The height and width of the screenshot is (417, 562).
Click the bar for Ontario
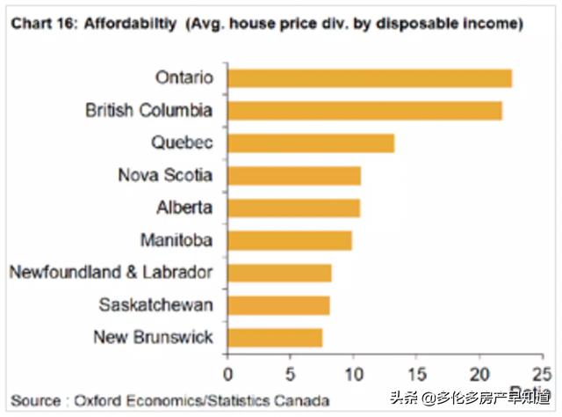click(x=370, y=77)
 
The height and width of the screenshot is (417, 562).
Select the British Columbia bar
click(x=364, y=110)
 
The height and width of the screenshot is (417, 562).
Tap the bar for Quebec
click(x=311, y=143)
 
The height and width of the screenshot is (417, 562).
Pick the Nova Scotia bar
click(x=294, y=175)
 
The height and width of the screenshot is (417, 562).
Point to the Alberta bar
click(x=293, y=208)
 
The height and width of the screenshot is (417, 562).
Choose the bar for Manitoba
click(x=290, y=240)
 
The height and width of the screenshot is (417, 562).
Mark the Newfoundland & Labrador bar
click(x=279, y=273)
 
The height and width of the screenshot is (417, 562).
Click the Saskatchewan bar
click(x=278, y=305)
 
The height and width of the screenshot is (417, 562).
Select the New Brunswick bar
click(x=275, y=337)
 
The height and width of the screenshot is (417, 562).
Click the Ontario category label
click(x=184, y=77)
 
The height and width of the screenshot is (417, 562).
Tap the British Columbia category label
click(x=148, y=111)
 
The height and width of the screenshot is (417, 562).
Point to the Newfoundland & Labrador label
click(x=111, y=273)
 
